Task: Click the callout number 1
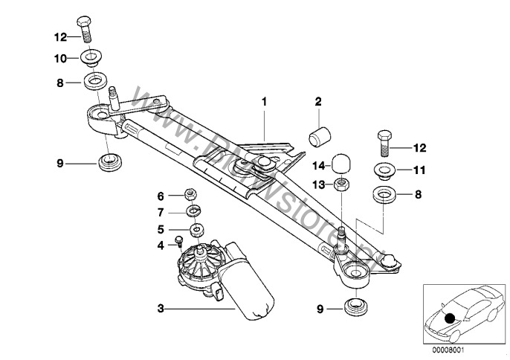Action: (262, 100)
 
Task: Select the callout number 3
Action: (160, 306)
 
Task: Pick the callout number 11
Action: (419, 170)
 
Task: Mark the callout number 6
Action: (160, 196)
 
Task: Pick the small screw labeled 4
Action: (180, 240)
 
